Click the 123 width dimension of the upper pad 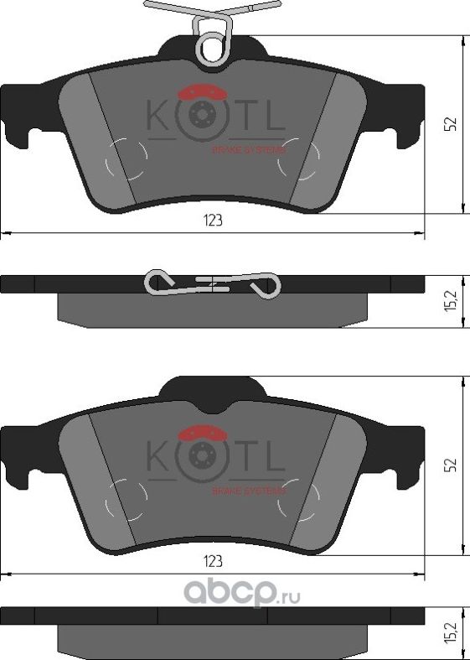(x=213, y=221)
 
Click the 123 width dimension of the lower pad (x=213, y=562)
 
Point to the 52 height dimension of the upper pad (x=450, y=124)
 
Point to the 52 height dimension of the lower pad (x=450, y=464)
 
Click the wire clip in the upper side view (x=211, y=283)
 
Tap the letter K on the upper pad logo (x=158, y=117)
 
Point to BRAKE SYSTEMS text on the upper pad (x=249, y=149)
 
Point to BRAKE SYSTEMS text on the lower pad (x=249, y=490)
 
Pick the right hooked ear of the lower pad (x=405, y=458)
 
